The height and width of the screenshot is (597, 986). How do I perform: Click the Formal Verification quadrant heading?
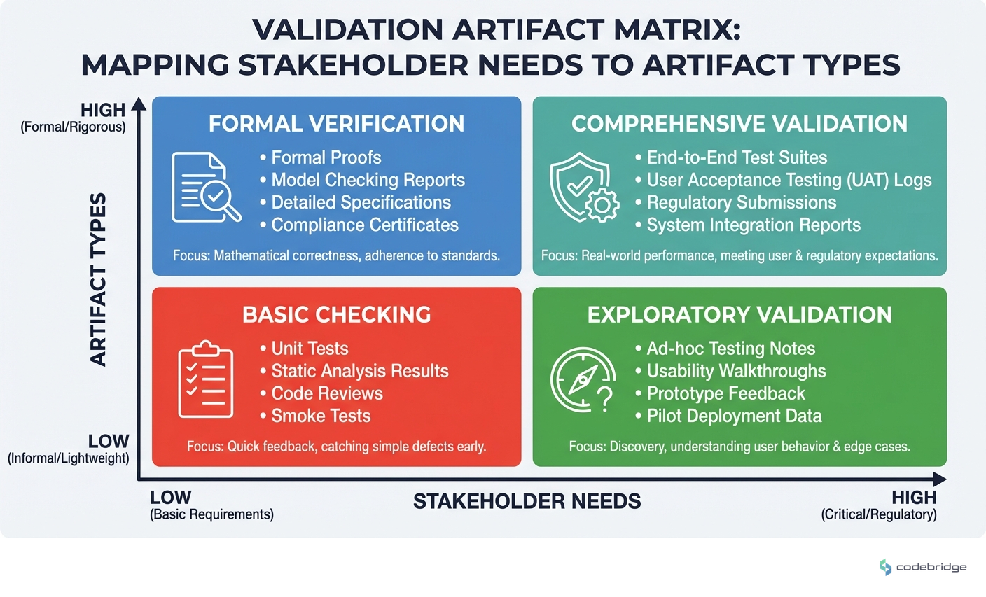coord(336,124)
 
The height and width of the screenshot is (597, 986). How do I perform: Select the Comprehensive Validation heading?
coord(739,124)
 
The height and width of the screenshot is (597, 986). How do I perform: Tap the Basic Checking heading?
coord(336,315)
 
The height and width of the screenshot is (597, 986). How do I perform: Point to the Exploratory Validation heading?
coord(739,315)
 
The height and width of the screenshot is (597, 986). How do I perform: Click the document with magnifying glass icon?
coord(206,188)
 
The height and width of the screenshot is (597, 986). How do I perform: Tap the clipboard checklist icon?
coord(206,379)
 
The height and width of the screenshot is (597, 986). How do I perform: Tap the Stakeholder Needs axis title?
coord(527,501)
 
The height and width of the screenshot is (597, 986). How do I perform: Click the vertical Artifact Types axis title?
coord(99,279)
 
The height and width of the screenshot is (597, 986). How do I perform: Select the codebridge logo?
coord(922,567)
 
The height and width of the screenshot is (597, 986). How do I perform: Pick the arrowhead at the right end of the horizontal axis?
coord(940,479)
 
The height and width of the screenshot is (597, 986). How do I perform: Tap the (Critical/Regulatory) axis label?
coord(878,514)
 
